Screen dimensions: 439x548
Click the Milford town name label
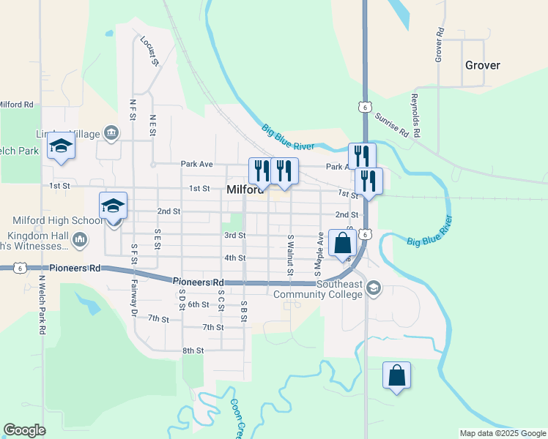click(245, 190)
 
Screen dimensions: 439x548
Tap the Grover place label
click(482, 65)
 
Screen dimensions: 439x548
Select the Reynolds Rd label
click(415, 115)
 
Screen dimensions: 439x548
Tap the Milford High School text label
click(58, 220)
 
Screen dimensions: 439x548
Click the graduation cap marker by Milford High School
click(113, 206)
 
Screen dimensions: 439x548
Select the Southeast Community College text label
click(318, 289)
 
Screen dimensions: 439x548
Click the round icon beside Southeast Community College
click(374, 286)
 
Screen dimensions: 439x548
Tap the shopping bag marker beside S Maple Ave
click(342, 243)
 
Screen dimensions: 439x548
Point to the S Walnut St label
click(290, 255)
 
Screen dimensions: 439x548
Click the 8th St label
click(193, 350)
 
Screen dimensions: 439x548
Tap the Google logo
click(24, 430)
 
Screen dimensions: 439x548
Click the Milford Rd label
click(17, 105)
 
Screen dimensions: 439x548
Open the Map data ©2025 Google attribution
click(503, 433)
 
